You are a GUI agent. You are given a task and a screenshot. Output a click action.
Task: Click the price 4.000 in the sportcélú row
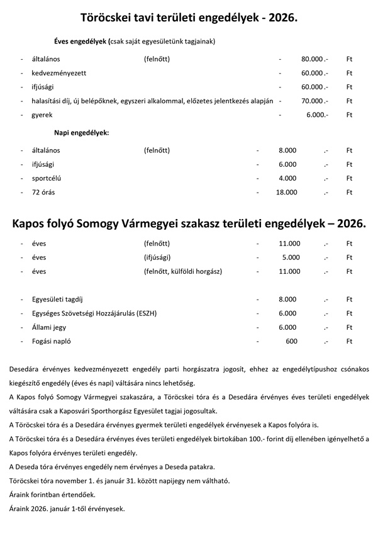click(x=287, y=178)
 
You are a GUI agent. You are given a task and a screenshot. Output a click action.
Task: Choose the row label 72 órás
click(x=43, y=192)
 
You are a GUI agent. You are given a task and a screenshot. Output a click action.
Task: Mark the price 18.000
click(x=286, y=192)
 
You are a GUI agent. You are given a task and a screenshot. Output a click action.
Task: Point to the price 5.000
click(x=291, y=257)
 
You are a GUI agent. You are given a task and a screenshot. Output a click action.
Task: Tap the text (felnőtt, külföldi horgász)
click(x=183, y=271)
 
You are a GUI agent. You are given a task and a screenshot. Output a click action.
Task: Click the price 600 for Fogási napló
click(x=291, y=341)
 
